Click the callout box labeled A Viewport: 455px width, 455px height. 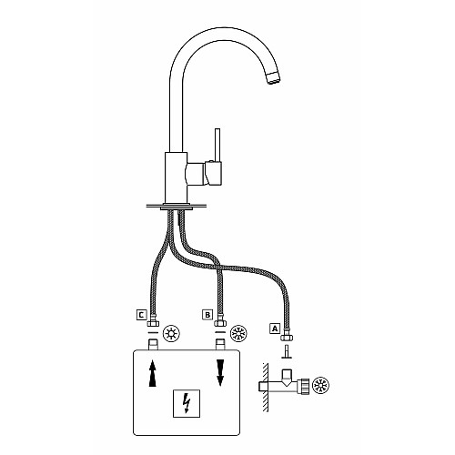click(x=275, y=329)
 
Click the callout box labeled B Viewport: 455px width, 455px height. click(x=207, y=315)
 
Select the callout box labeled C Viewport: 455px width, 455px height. click(x=141, y=315)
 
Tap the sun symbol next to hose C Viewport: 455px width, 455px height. click(x=171, y=334)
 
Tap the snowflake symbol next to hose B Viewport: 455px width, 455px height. click(x=238, y=334)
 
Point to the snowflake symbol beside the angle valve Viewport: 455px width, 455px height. click(x=321, y=386)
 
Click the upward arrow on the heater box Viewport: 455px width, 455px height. click(x=153, y=373)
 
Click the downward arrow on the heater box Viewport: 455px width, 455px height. click(x=220, y=373)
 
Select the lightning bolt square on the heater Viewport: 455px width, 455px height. click(x=187, y=403)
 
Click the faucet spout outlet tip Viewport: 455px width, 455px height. click(x=274, y=78)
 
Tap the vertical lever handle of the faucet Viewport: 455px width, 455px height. click(x=217, y=145)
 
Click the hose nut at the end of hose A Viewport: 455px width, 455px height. click(x=287, y=338)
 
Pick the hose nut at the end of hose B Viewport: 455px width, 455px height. click(x=220, y=323)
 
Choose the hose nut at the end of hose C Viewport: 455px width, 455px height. click(x=153, y=323)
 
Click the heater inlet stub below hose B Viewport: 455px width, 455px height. click(x=220, y=345)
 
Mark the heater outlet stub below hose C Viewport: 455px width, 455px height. click(x=153, y=345)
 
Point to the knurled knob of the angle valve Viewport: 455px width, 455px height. click(x=304, y=386)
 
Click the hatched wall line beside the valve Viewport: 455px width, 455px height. click(x=265, y=387)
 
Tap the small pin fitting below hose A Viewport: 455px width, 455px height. click(x=287, y=352)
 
